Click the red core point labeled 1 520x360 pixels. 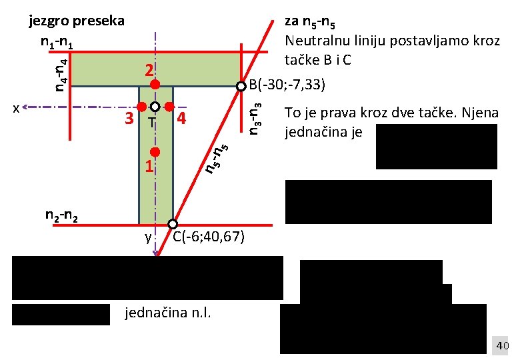pyautogui.click(x=155, y=152)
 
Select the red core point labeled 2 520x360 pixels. pyautogui.click(x=155, y=84)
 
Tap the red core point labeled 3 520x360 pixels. pyautogui.click(x=141, y=107)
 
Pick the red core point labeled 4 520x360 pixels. pyautogui.click(x=169, y=107)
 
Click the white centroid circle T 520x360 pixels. pyautogui.click(x=155, y=107)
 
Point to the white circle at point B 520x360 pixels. pyautogui.click(x=241, y=86)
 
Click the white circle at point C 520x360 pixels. pyautogui.click(x=173, y=224)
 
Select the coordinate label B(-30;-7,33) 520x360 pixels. pyautogui.click(x=287, y=85)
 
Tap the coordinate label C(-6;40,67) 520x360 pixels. pyautogui.click(x=208, y=237)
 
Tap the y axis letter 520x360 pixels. pyautogui.click(x=148, y=237)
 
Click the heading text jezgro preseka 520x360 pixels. pyautogui.click(x=77, y=21)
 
